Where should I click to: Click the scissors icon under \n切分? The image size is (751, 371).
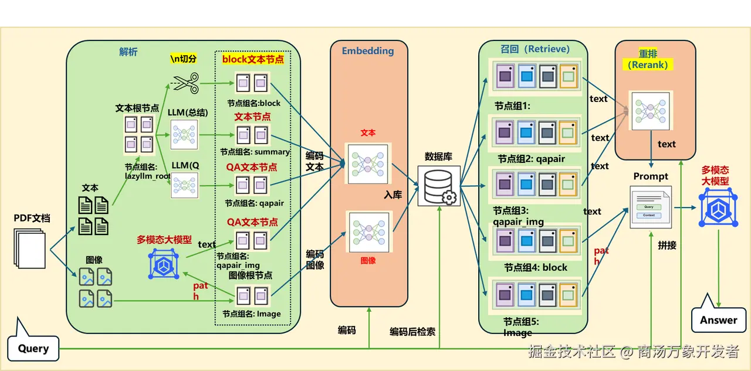click(187, 83)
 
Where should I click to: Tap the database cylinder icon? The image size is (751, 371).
click(438, 185)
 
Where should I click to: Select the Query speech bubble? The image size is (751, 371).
click(33, 348)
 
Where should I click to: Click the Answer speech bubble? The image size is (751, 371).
click(718, 319)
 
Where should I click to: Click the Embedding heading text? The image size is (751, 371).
click(368, 51)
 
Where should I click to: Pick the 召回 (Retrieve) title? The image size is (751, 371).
click(535, 49)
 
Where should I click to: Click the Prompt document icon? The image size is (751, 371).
click(650, 207)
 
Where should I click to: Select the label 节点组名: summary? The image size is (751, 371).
click(255, 152)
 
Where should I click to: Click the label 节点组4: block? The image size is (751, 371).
click(536, 267)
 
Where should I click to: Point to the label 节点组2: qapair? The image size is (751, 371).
click(532, 159)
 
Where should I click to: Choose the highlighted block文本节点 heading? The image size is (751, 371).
click(253, 59)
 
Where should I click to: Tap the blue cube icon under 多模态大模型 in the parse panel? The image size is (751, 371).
click(163, 263)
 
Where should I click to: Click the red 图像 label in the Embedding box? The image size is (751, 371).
click(368, 260)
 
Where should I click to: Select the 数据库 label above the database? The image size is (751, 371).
click(438, 157)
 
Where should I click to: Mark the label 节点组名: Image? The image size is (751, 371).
click(252, 314)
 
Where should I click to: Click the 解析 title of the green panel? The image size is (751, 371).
click(128, 52)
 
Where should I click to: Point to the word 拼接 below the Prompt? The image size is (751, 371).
click(667, 246)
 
